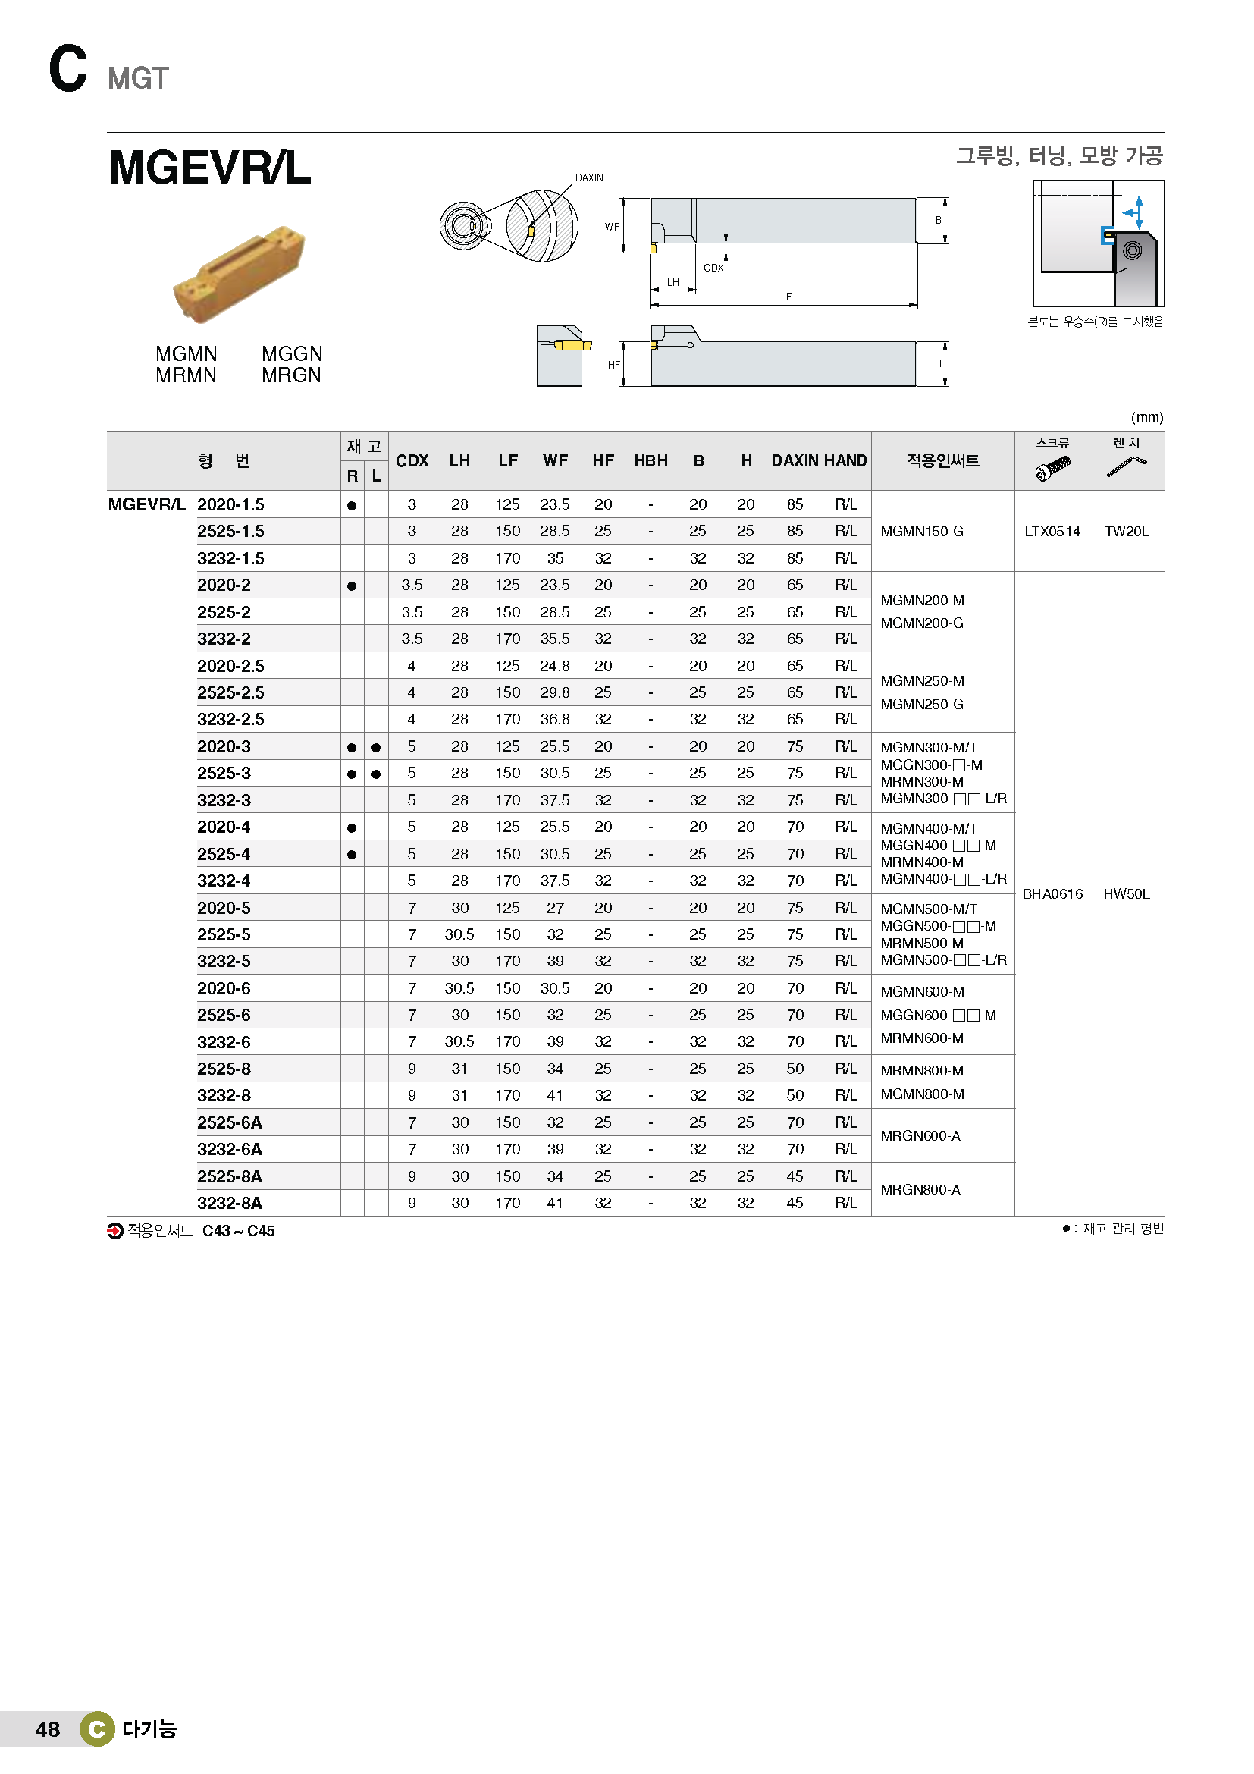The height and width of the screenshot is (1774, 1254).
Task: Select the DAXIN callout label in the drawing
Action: (589, 177)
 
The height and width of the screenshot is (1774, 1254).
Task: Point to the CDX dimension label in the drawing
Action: (713, 268)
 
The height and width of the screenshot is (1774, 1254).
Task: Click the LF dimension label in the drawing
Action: (785, 297)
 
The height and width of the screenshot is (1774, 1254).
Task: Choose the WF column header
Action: (555, 460)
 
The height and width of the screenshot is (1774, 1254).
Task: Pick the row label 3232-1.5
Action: (230, 558)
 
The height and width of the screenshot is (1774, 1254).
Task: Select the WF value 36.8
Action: (555, 719)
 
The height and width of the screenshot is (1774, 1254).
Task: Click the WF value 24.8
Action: (555, 665)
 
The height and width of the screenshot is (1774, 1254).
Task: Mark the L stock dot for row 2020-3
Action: (376, 747)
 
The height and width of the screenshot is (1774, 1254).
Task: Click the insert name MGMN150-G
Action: (922, 532)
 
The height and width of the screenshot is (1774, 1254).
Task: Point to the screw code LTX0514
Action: (1052, 532)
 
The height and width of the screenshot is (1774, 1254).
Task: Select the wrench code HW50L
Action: (1126, 894)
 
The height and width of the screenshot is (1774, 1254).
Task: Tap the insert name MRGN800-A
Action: (920, 1190)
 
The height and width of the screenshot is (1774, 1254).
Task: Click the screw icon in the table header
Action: (1052, 467)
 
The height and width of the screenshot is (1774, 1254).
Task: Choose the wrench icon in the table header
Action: (1127, 466)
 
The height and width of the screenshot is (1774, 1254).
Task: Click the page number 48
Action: (48, 1729)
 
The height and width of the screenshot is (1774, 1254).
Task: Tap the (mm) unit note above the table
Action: (1146, 417)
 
